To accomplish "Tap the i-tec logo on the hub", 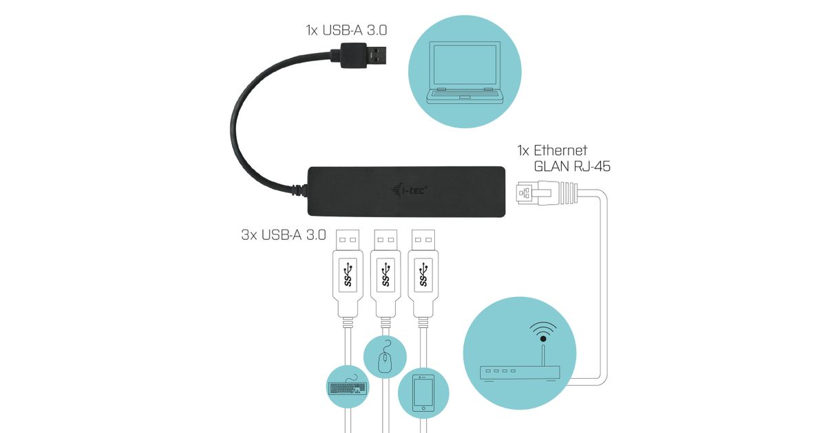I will pyautogui.click(x=412, y=190).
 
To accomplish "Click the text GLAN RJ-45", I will pyautogui.click(x=572, y=166).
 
